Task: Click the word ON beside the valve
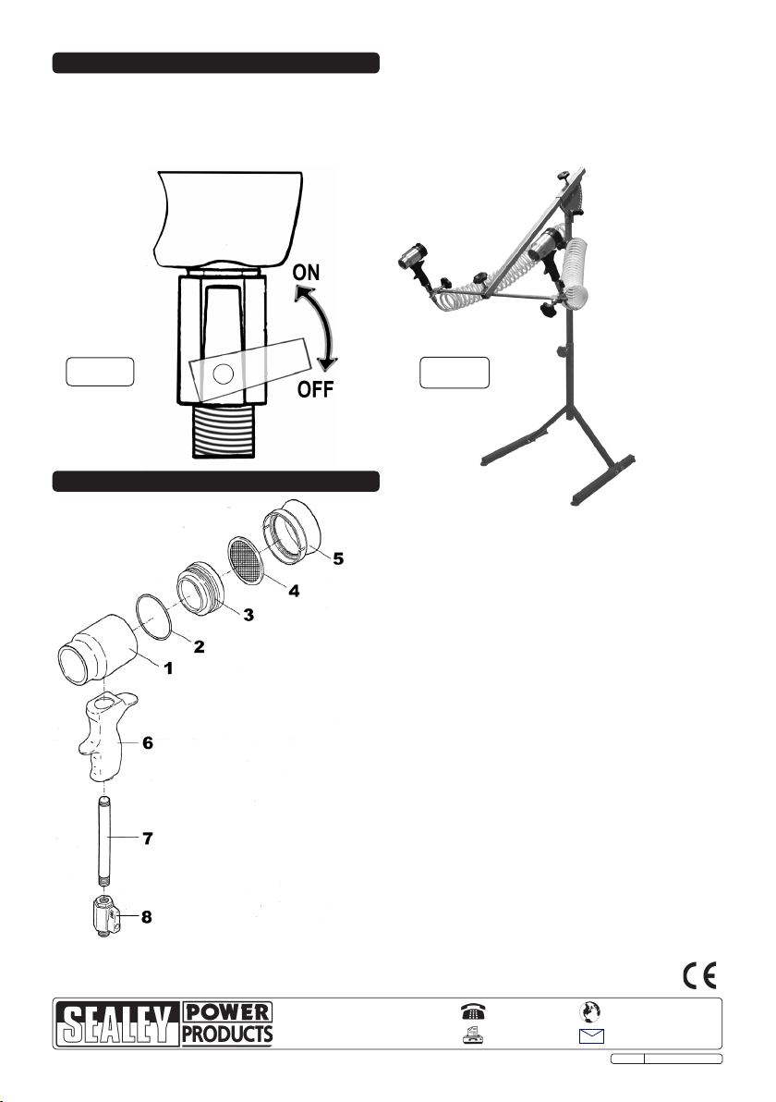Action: click(x=306, y=272)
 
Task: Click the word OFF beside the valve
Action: click(x=315, y=388)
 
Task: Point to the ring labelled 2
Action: click(x=155, y=617)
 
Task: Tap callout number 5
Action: click(x=338, y=558)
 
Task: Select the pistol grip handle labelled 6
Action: click(x=105, y=738)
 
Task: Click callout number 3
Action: click(x=248, y=614)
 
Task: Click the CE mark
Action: click(x=699, y=976)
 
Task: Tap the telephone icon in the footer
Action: click(x=473, y=1011)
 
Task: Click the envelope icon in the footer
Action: click(x=591, y=1036)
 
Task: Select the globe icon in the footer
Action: click(x=589, y=1011)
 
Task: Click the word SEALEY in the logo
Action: click(x=117, y=1024)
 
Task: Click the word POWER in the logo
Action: click(x=227, y=1012)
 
